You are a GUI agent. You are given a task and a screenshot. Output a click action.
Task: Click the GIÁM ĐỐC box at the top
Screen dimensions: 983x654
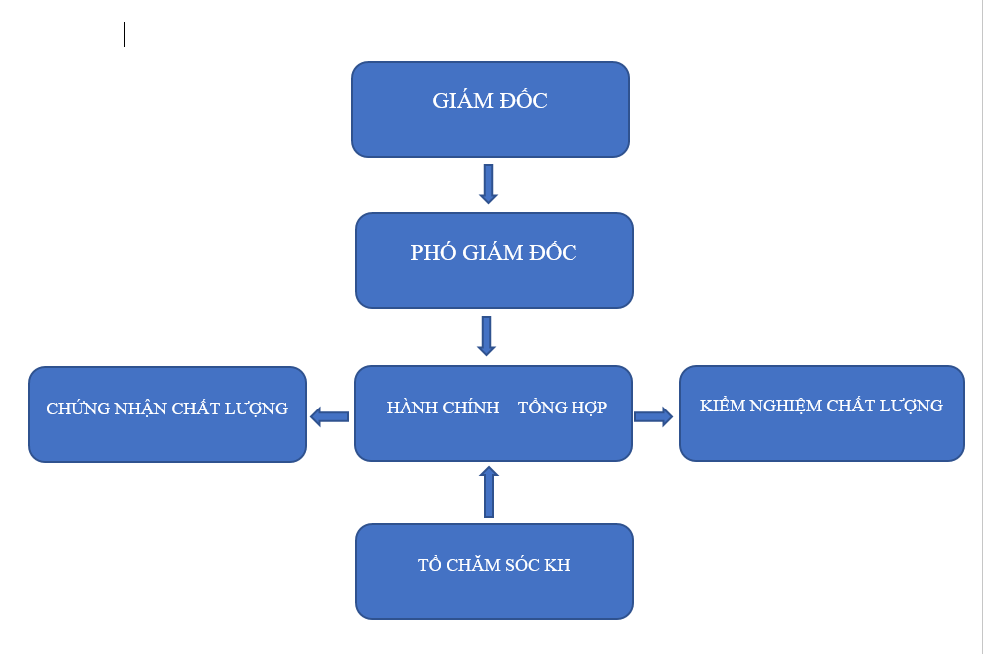490,109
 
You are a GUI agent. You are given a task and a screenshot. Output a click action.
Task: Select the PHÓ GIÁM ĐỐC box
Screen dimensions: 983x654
494,260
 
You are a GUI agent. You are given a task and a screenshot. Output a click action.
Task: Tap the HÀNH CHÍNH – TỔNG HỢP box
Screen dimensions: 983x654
493,413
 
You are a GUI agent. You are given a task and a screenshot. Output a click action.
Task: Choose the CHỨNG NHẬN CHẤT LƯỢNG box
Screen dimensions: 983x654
167,414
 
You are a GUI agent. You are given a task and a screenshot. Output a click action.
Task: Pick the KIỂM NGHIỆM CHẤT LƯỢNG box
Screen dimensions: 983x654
822,413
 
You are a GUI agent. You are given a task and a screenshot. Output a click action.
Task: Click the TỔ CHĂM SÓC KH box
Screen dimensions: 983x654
494,572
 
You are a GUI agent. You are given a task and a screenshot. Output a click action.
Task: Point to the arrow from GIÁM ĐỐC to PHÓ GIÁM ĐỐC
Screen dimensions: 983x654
488,184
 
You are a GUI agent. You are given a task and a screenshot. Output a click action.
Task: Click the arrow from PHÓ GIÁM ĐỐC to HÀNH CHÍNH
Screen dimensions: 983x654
486,336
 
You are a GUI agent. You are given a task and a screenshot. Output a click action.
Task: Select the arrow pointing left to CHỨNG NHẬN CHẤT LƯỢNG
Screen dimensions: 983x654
330,417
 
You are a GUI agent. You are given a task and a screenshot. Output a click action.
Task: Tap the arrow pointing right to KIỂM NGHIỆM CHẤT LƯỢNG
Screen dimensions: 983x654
653,417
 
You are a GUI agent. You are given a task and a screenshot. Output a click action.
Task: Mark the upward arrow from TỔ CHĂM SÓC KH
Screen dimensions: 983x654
489,492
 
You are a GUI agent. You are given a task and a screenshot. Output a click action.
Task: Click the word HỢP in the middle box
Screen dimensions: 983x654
590,408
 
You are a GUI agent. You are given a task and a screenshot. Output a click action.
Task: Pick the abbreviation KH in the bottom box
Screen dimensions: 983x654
557,565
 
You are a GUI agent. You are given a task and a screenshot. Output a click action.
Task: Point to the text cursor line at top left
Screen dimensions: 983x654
125,35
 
